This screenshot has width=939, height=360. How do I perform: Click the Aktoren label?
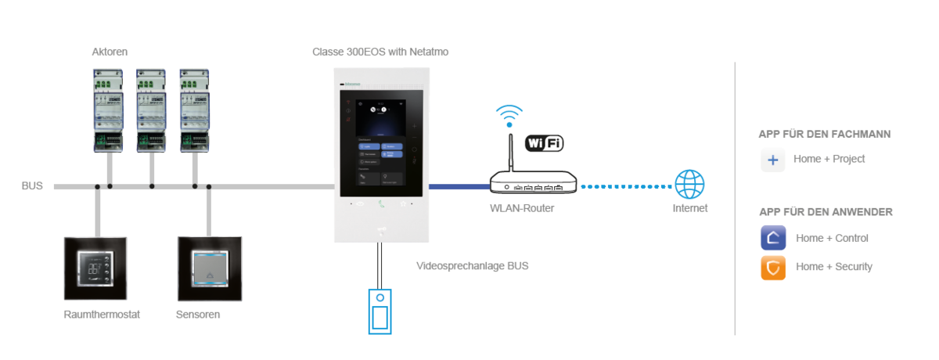coord(110,52)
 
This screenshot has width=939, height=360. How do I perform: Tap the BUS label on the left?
coord(32,186)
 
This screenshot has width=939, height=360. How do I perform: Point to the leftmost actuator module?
coord(109,109)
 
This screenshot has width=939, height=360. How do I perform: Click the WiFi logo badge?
coord(544,143)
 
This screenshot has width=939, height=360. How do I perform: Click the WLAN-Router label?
coord(520,207)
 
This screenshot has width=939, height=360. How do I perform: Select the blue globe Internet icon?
coord(689,185)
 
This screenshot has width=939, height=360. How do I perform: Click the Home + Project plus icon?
coord(773,160)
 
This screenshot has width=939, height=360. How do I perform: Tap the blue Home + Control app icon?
coord(773,238)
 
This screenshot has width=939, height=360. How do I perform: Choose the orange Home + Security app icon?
coord(773,267)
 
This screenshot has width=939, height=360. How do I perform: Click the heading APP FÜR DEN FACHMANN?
coord(825,134)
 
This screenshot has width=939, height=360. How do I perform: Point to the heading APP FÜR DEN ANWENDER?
coord(826,212)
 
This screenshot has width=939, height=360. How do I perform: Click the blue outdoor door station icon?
coord(380,311)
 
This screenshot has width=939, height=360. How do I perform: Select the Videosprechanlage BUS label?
coord(472,266)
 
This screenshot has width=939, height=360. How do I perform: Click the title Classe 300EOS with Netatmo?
coord(380,52)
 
